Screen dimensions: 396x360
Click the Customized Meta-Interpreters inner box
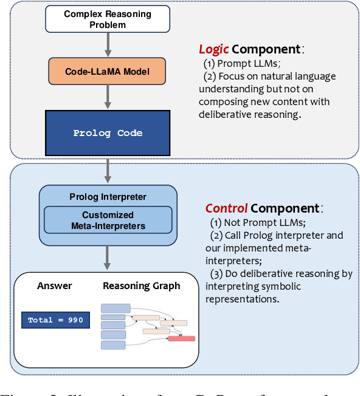point(108,220)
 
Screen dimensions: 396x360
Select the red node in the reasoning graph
point(181,338)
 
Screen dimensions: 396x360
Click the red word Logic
point(213,49)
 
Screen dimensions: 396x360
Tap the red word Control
point(226,208)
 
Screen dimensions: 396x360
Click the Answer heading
point(55,285)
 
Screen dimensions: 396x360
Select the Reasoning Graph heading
point(141,285)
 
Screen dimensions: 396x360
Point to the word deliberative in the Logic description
point(226,114)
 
